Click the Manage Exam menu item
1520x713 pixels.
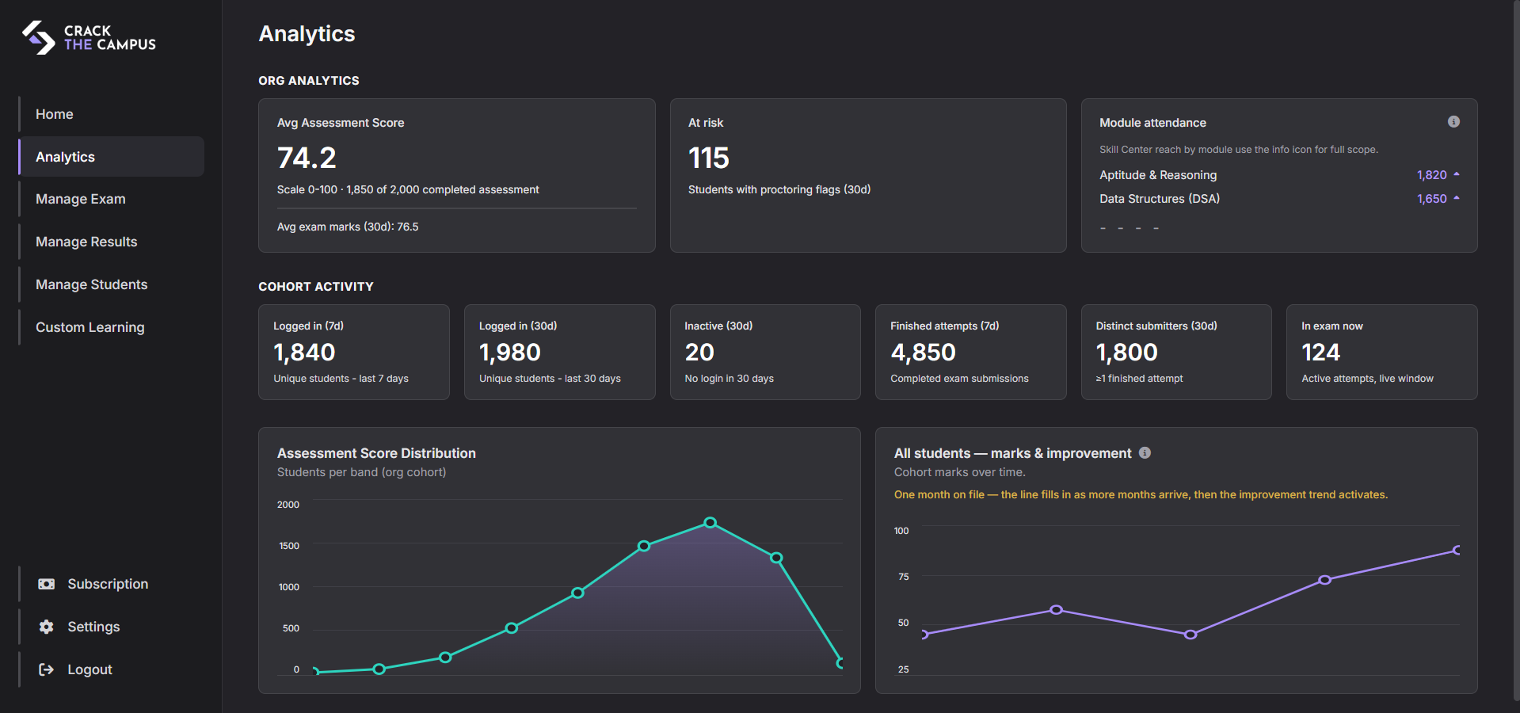coord(80,199)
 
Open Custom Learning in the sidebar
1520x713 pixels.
coord(90,327)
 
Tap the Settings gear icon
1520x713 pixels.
coord(47,627)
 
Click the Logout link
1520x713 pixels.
coord(89,669)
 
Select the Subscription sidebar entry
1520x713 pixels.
coord(107,584)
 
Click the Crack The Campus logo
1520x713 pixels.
coord(89,37)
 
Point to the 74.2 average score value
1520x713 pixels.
coord(307,158)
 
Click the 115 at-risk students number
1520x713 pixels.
coord(708,158)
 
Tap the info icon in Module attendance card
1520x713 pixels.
coord(1453,121)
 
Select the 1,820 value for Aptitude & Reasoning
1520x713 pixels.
coord(1431,175)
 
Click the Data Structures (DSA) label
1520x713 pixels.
coord(1159,199)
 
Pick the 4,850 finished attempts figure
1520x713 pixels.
coord(923,352)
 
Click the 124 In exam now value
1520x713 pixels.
coord(1320,352)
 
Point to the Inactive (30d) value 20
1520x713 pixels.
coord(699,352)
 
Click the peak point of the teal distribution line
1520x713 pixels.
coord(710,523)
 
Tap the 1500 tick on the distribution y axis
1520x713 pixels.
coord(289,546)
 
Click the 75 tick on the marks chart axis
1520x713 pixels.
coord(903,577)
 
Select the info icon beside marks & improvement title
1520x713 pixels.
coord(1145,452)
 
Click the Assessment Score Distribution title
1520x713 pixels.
coord(376,453)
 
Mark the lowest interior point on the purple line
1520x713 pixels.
coord(1190,635)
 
